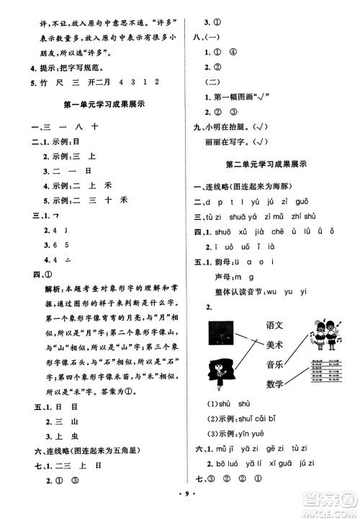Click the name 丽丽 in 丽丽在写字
tap(213, 140)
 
